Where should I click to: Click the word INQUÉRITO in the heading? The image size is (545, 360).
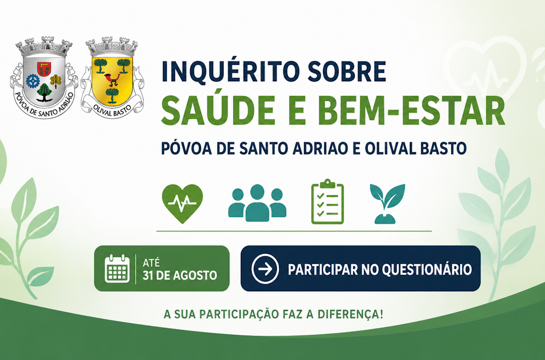[230, 71]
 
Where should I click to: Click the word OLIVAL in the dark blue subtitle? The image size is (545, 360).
[390, 148]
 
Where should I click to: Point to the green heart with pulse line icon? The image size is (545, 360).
[182, 203]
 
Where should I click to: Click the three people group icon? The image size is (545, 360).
[257, 203]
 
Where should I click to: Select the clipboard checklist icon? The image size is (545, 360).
[328, 201]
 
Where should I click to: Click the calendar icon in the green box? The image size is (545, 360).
[117, 268]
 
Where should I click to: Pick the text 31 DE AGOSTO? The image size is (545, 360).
[180, 275]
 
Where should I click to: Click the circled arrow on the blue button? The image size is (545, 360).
[265, 269]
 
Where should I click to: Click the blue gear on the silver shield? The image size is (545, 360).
[33, 81]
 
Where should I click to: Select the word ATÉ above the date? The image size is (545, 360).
[151, 262]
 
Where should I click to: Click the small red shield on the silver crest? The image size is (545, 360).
[44, 69]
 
